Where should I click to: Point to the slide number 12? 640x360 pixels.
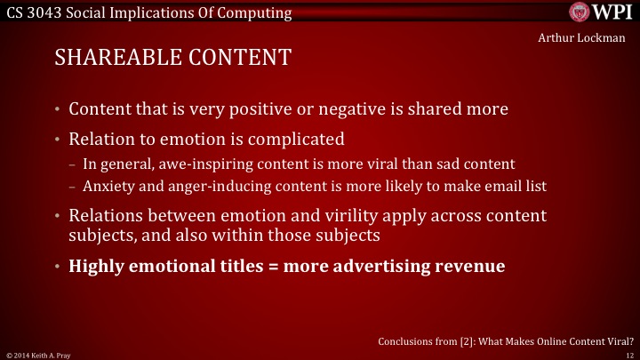click(628, 354)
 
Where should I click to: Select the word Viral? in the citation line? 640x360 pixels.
click(615, 340)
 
